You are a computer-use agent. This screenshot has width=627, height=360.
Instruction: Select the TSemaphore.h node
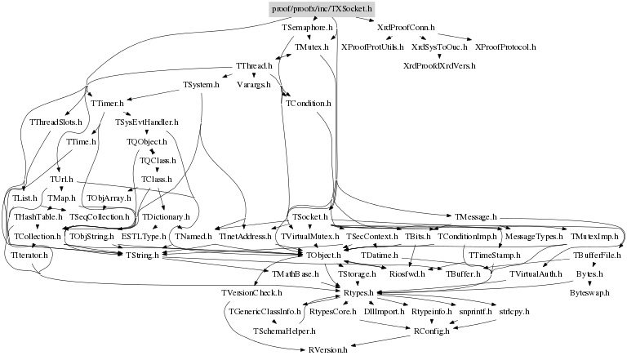pos(308,28)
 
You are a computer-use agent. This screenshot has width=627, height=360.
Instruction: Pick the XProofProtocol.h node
pos(505,47)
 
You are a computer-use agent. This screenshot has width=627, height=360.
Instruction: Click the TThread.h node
pos(253,65)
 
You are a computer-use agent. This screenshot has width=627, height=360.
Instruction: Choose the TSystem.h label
pos(201,84)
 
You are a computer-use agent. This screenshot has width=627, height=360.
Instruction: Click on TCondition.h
pos(308,104)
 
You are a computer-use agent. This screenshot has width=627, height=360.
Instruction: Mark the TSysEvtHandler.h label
pos(147,122)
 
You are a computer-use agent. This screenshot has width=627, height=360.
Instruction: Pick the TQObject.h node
pos(147,141)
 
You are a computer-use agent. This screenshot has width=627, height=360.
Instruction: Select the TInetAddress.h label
pos(244,236)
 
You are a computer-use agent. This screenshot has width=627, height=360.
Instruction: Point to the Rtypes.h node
pos(356,292)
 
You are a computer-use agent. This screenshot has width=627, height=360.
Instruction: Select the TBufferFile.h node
pos(598,256)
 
